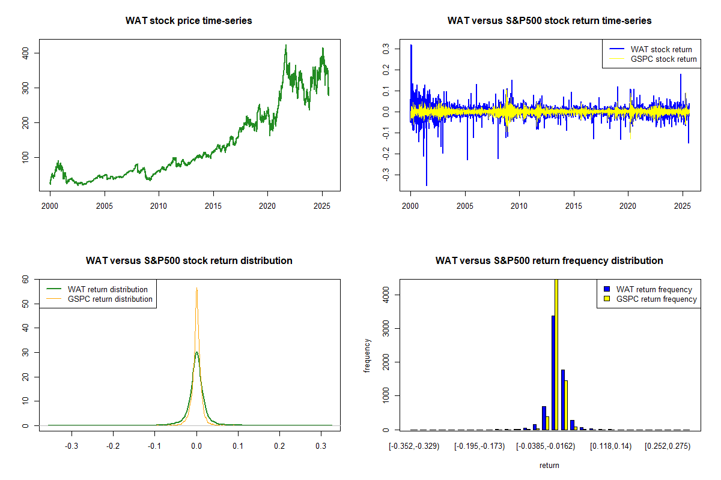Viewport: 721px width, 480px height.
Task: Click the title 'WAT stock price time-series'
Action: [x=189, y=20]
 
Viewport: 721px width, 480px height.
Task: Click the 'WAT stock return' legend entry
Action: [x=661, y=49]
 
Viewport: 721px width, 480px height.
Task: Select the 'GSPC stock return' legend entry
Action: [x=663, y=59]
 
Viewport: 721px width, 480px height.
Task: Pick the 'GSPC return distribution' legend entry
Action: [x=110, y=299]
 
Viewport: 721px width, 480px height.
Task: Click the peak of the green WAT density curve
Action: [x=196, y=352]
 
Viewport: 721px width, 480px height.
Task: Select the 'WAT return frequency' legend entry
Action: [x=654, y=289]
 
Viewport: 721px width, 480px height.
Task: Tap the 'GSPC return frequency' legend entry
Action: [x=656, y=299]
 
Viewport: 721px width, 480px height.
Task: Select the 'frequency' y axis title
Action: [x=367, y=355]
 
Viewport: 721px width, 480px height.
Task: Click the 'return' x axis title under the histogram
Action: [x=549, y=465]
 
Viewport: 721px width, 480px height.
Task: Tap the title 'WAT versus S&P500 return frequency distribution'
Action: [x=549, y=260]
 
